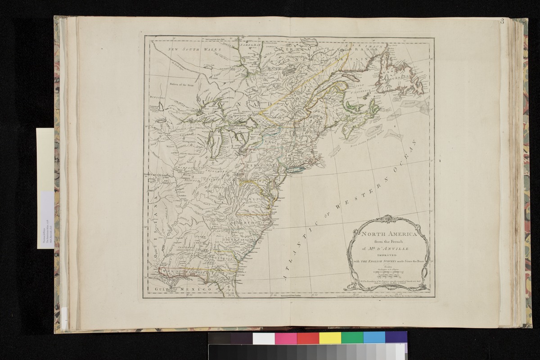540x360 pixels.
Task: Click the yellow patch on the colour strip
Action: [x=330, y=338]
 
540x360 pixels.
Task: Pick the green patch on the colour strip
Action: [x=352, y=338]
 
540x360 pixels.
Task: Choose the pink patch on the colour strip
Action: [x=286, y=338]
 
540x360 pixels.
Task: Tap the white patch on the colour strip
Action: [x=264, y=338]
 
